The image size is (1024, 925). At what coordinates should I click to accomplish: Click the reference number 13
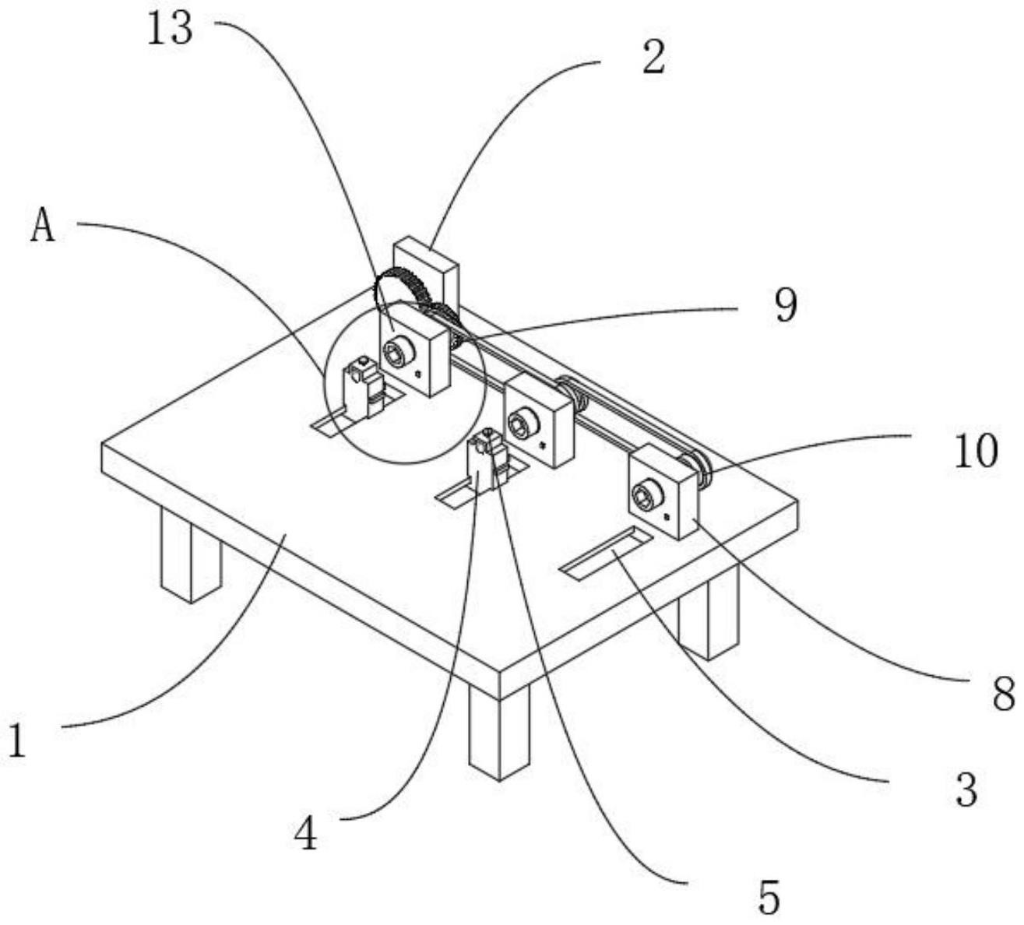171,31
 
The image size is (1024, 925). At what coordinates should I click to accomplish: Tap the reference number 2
653,58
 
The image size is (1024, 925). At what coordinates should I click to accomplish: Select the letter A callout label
44,227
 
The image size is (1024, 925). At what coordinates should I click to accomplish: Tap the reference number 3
965,791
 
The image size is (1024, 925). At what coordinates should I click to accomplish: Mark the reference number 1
17,740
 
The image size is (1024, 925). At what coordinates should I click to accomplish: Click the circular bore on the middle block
519,424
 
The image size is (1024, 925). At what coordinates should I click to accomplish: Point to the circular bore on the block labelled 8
646,494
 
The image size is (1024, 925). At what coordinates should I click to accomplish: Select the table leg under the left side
188,556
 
